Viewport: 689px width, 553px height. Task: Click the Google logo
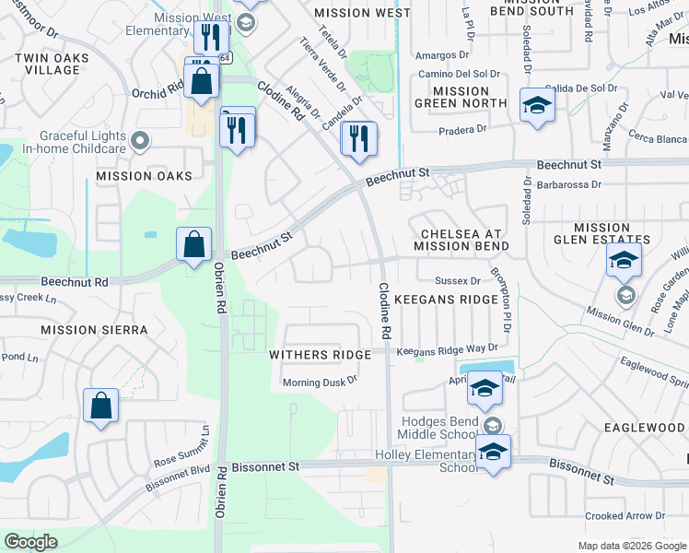pos(30,541)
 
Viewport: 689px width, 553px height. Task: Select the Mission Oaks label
pos(144,176)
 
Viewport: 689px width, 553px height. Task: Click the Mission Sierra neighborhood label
pos(82,329)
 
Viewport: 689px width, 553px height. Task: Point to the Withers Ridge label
pos(320,355)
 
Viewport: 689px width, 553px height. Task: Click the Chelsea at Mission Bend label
pos(461,241)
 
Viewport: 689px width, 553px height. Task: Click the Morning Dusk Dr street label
pos(319,382)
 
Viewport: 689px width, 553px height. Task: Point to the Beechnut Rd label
pos(75,282)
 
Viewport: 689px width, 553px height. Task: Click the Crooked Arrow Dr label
pos(625,516)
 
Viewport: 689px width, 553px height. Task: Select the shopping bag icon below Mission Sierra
pos(100,405)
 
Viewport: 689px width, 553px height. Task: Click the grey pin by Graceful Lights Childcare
pos(139,141)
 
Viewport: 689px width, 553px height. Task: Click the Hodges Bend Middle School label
pos(438,428)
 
